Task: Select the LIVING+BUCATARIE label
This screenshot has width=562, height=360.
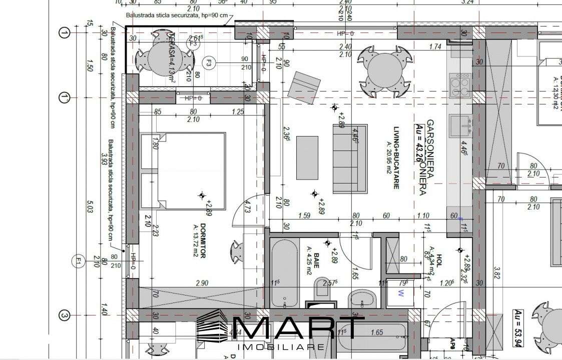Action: (x=395, y=157)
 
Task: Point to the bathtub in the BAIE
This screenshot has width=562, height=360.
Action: (x=284, y=272)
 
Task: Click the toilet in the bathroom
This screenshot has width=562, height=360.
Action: (x=321, y=292)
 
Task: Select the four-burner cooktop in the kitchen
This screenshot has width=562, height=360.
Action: (x=460, y=85)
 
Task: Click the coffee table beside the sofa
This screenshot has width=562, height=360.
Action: (x=307, y=157)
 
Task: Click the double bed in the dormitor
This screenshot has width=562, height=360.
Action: (x=183, y=171)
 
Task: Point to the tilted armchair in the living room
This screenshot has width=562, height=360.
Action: (x=304, y=87)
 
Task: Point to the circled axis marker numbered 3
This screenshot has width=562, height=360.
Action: (x=64, y=315)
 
